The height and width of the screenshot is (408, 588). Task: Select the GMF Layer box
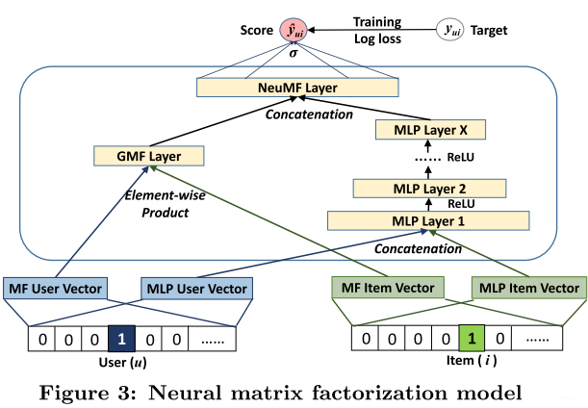[x=151, y=154]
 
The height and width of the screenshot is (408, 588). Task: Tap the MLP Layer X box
[x=430, y=129]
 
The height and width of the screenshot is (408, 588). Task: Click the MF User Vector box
[x=60, y=287]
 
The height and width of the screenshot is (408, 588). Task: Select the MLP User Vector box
[x=196, y=287]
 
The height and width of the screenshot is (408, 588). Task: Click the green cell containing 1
[x=473, y=340]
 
